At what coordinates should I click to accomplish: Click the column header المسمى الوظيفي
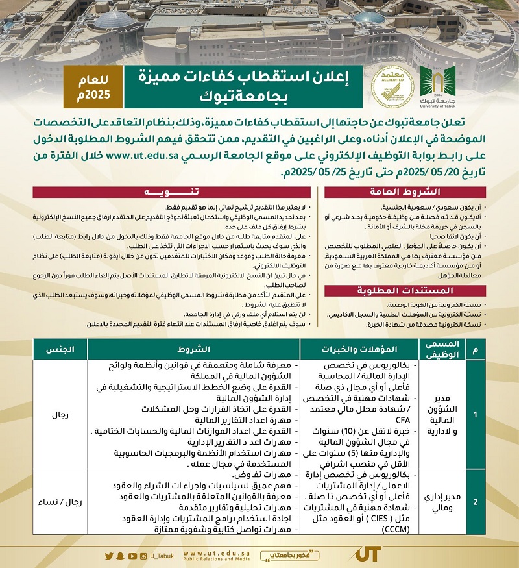[444, 349]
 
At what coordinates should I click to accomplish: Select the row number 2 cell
[476, 502]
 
